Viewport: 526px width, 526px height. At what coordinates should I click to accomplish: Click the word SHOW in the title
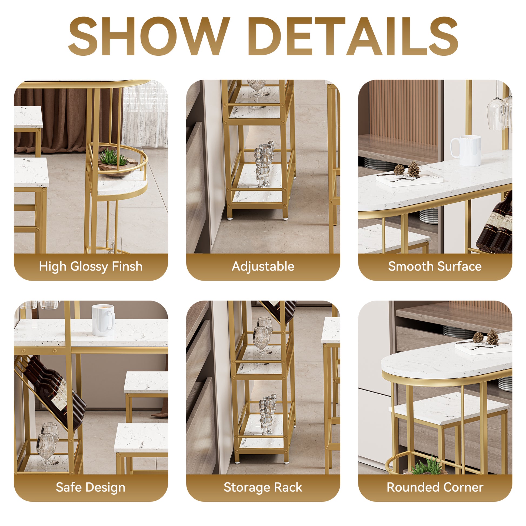click(148, 36)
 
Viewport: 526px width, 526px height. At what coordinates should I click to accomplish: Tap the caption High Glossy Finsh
click(91, 267)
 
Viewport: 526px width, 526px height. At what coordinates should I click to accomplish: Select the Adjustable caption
click(263, 267)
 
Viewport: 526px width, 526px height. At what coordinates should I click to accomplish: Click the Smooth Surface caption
click(435, 267)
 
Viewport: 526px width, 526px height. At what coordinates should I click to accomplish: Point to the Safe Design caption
click(91, 487)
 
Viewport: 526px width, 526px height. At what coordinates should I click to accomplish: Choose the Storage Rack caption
click(263, 487)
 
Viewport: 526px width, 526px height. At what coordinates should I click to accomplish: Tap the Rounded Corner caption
click(435, 487)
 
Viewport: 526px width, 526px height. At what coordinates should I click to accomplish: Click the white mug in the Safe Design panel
click(103, 320)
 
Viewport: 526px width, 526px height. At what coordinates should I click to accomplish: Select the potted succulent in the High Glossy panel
click(112, 159)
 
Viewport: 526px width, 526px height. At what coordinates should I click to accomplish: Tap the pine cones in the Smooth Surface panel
click(407, 169)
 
